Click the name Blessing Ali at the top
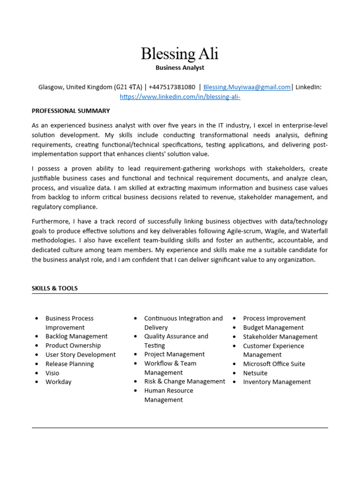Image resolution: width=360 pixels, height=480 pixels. [x=180, y=54]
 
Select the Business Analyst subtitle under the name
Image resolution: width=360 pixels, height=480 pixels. [x=180, y=67]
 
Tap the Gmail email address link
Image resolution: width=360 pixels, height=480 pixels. [x=247, y=87]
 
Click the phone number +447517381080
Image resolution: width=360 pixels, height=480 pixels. [x=172, y=87]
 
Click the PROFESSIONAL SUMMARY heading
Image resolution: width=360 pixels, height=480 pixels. [x=71, y=111]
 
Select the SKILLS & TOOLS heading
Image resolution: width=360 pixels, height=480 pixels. [x=55, y=288]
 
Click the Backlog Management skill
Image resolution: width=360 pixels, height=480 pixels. [x=76, y=337]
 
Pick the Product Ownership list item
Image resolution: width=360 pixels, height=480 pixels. [x=73, y=345]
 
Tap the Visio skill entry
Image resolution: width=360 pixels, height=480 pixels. [x=52, y=373]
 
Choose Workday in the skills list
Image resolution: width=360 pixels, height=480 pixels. [x=59, y=382]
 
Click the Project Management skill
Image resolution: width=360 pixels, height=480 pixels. [x=174, y=354]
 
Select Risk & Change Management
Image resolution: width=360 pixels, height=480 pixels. [x=185, y=382]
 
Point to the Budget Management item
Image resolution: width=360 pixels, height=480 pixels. [x=273, y=328]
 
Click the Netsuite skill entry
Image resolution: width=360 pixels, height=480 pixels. [x=255, y=373]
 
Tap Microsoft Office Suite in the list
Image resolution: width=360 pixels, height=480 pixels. [x=274, y=364]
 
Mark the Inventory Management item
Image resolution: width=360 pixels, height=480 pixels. [x=277, y=382]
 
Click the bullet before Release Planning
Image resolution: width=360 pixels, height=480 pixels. [x=37, y=364]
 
